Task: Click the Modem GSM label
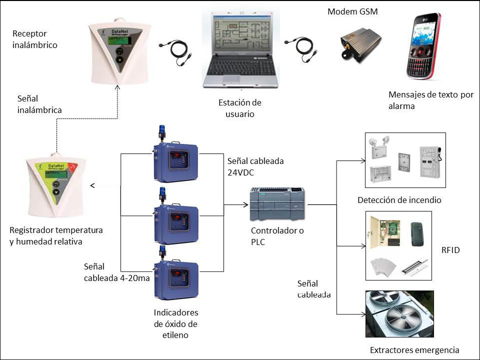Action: pos(352,11)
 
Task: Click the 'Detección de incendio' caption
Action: pos(399,200)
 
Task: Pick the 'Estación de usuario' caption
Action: pos(240,108)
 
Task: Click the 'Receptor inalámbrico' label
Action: pos(35,39)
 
